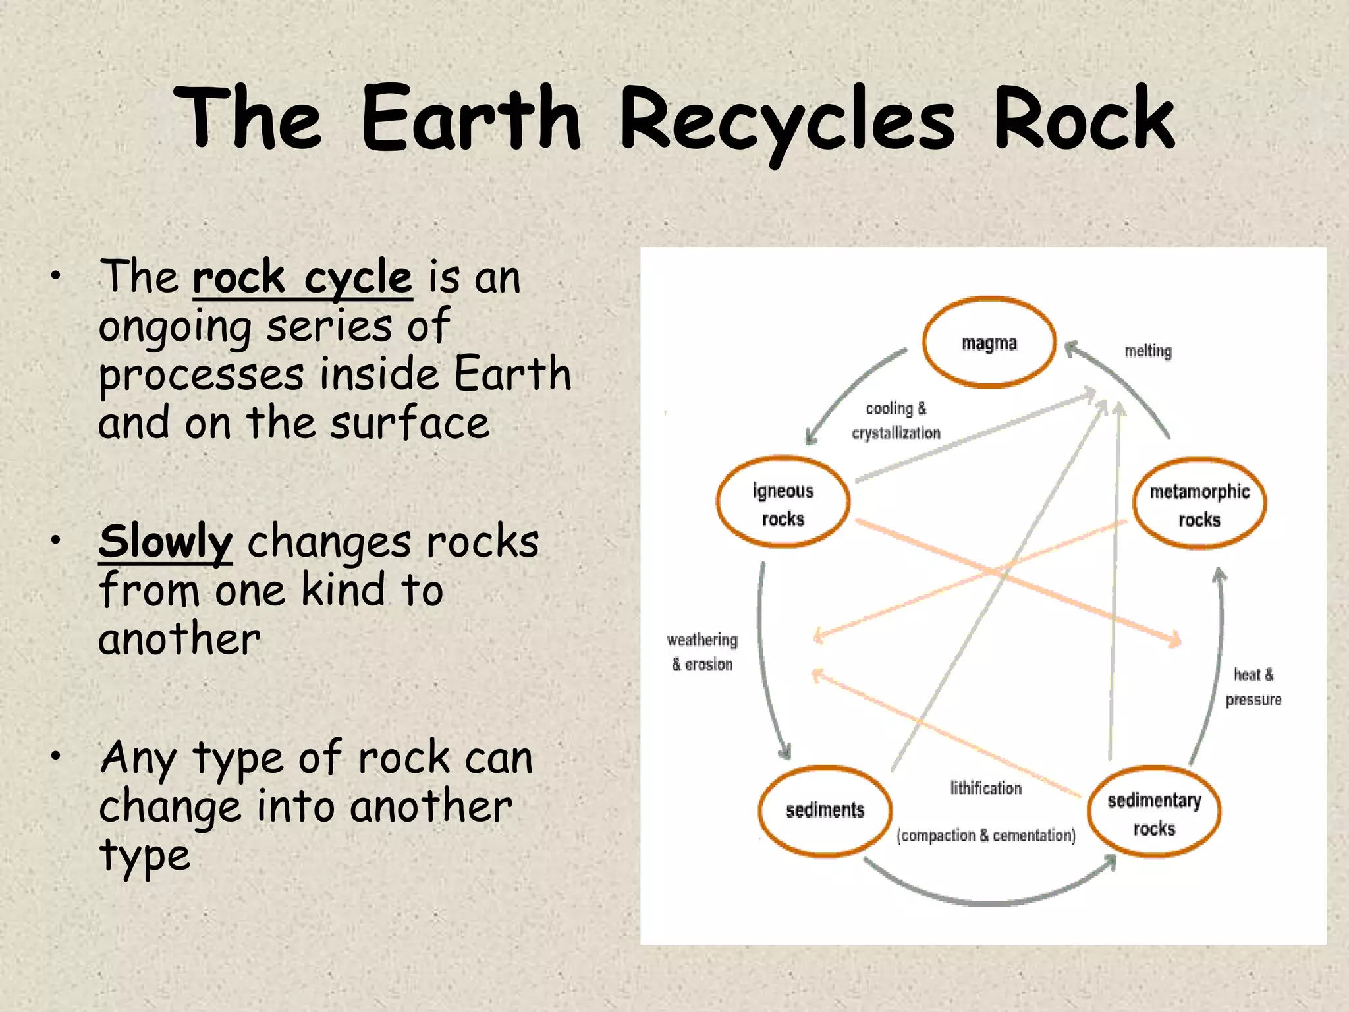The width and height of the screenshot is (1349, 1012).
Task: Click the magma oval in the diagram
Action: pos(989,343)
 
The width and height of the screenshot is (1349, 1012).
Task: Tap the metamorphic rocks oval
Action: pos(1199,505)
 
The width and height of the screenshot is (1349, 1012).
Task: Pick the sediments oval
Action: pos(825,810)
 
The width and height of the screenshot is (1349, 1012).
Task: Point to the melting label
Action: pos(1148,351)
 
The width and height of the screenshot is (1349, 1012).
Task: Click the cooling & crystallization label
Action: pos(896,421)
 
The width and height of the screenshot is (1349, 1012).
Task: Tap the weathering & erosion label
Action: pos(702,652)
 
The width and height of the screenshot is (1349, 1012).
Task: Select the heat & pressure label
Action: pos(1253,687)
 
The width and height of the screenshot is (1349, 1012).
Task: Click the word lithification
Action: pos(985,788)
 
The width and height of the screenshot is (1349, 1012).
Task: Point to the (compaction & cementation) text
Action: pos(985,835)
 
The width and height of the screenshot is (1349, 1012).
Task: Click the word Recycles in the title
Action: pos(788,120)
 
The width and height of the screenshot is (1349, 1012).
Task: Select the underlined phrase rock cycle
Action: pos(302,277)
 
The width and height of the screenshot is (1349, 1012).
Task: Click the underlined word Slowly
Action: pos(165,542)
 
